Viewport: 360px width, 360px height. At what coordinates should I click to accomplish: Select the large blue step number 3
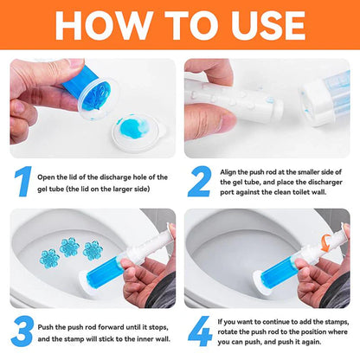pos(22,332)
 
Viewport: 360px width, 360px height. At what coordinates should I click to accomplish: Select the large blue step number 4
pos(198,332)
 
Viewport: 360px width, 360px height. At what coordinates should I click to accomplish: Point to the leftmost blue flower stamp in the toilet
pos(49,257)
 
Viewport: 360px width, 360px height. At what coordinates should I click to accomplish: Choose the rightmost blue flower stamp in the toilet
pos(93,252)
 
